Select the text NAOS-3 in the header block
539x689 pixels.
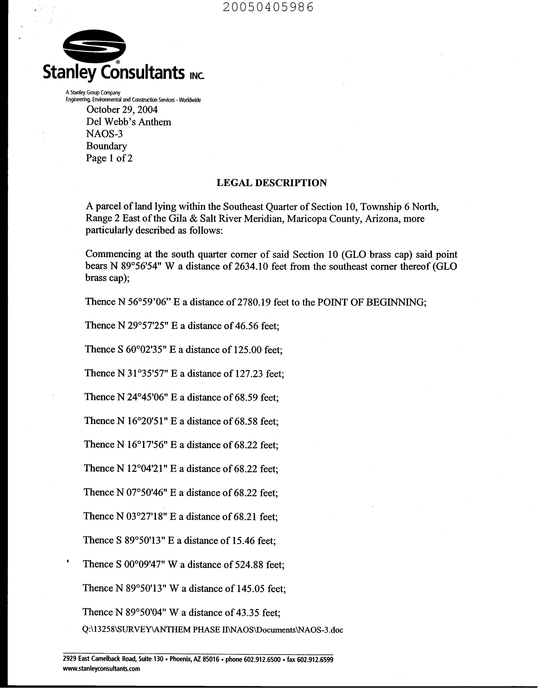click(104, 134)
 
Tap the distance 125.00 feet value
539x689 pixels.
click(247, 349)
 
